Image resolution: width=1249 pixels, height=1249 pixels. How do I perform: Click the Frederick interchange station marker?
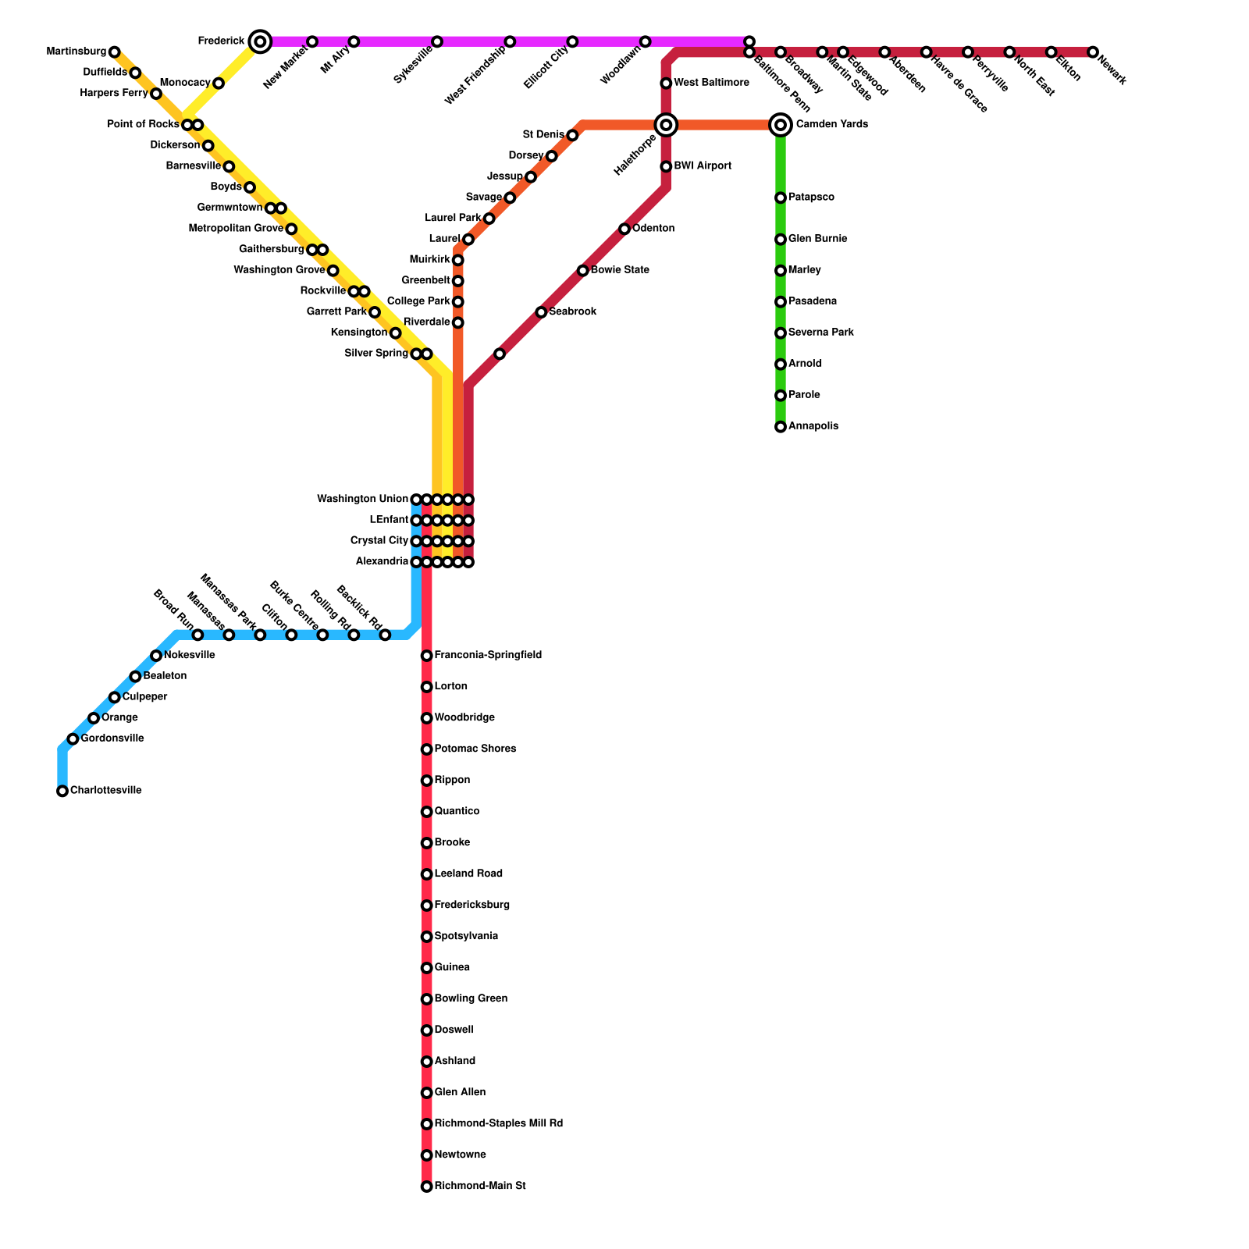click(x=261, y=41)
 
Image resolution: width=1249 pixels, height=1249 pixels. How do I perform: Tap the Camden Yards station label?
click(x=831, y=125)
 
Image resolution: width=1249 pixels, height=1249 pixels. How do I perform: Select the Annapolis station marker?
click(x=781, y=427)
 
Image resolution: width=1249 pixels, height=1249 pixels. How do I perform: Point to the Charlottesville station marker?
click(x=62, y=792)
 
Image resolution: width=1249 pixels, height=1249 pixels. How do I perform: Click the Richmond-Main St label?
click(x=480, y=1187)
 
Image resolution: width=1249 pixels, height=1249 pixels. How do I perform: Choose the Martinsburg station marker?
click(x=115, y=52)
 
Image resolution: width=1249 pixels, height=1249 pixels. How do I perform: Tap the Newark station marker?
click(x=1093, y=52)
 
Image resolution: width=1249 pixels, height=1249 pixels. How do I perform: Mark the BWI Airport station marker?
click(x=666, y=166)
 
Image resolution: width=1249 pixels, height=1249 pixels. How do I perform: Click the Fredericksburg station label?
click(x=471, y=906)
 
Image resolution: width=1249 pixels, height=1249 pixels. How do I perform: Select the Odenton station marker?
click(x=624, y=229)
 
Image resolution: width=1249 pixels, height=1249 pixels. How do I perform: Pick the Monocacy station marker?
click(x=219, y=84)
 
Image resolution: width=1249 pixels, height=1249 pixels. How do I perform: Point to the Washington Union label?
click(x=362, y=500)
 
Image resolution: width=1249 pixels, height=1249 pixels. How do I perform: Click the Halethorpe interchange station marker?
click(x=666, y=125)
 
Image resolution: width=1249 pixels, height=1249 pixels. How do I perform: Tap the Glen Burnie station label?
click(x=817, y=239)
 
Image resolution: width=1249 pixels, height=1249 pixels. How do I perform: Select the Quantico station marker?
click(x=426, y=812)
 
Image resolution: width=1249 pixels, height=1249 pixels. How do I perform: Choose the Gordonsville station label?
click(x=112, y=738)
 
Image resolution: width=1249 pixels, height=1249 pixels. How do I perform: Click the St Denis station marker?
click(x=572, y=136)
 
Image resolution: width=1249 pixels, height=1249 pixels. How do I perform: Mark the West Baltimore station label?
click(x=711, y=83)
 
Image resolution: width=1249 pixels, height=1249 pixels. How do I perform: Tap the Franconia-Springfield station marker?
click(x=426, y=656)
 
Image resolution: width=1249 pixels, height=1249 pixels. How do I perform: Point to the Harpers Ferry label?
click(x=114, y=94)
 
